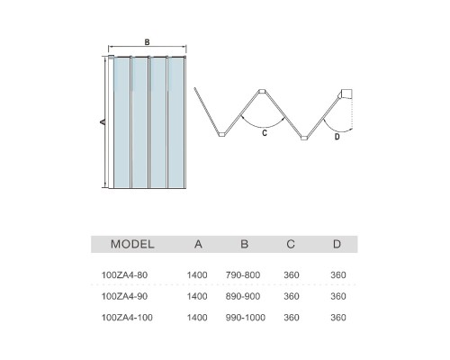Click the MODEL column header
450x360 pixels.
tap(132, 244)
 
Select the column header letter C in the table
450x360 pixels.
tap(291, 244)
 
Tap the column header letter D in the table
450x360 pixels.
tap(337, 244)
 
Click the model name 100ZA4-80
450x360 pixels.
tap(124, 274)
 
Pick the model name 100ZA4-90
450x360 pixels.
tap(124, 296)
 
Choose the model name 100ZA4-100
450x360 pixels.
tap(127, 318)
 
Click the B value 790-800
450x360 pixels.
tap(243, 274)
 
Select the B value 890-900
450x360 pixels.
tap(243, 296)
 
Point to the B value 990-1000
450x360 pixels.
tap(246, 318)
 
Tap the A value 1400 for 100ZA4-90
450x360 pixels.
tap(197, 296)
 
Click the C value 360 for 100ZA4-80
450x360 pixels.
tap(292, 274)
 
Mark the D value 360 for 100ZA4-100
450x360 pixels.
tap(338, 318)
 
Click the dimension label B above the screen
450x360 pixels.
tap(147, 42)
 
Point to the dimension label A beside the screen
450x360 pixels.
tap(103, 121)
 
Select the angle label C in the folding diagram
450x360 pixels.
tap(265, 133)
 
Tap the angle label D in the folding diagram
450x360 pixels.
tap(337, 137)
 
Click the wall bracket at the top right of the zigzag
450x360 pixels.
tap(346, 94)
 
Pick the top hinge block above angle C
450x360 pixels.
tap(262, 91)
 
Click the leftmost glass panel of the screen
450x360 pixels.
tap(121, 122)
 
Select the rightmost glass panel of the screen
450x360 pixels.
tap(176, 122)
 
